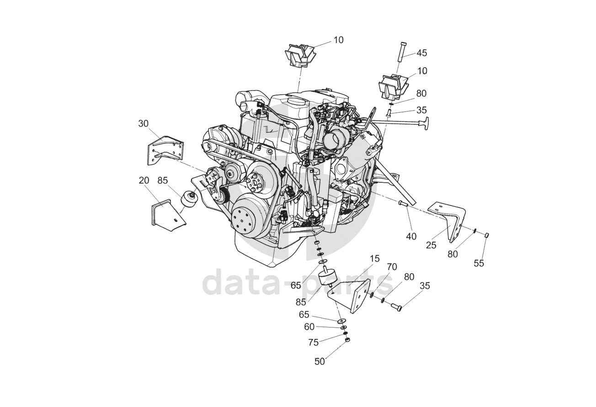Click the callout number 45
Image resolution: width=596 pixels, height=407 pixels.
pos(421,53)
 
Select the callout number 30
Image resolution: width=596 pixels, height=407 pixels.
pos(144,124)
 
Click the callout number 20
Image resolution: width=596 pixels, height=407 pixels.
pos(144,180)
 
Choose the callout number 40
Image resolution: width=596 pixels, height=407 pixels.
pos(411,236)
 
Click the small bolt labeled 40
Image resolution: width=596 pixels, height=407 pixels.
pos(403,204)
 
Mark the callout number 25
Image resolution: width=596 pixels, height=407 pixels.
pos(431,245)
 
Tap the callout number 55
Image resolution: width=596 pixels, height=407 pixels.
pos(479,263)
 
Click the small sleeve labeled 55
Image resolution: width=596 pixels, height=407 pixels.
pos(487,235)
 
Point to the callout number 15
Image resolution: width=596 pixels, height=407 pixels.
pos(374,259)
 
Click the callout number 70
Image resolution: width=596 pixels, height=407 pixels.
pos(392,267)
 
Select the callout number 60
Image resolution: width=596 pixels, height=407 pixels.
pos(309,327)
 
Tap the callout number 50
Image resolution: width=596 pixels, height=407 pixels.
pos(319,361)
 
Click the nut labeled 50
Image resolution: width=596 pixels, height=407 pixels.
pos(347,341)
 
